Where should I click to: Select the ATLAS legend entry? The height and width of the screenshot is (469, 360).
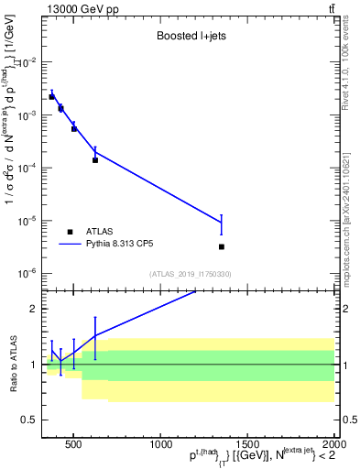[x=92, y=232]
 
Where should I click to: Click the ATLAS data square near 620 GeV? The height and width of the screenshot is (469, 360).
[x=94, y=160]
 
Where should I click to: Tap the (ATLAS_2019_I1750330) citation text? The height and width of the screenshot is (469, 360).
[x=189, y=274]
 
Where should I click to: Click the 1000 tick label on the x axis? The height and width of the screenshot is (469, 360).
[x=159, y=443]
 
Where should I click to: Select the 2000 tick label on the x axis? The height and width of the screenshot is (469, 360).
[x=333, y=443]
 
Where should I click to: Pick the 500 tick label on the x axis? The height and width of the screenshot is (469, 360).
[x=73, y=443]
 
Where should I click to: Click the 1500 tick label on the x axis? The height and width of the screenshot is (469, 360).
[x=246, y=443]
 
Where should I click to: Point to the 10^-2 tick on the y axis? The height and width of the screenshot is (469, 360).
[x=27, y=62]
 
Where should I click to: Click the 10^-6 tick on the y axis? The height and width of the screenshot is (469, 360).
[x=27, y=273]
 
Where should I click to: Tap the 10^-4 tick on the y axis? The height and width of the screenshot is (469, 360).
[x=27, y=168]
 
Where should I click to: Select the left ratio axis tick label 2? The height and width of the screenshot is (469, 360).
[x=32, y=309]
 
